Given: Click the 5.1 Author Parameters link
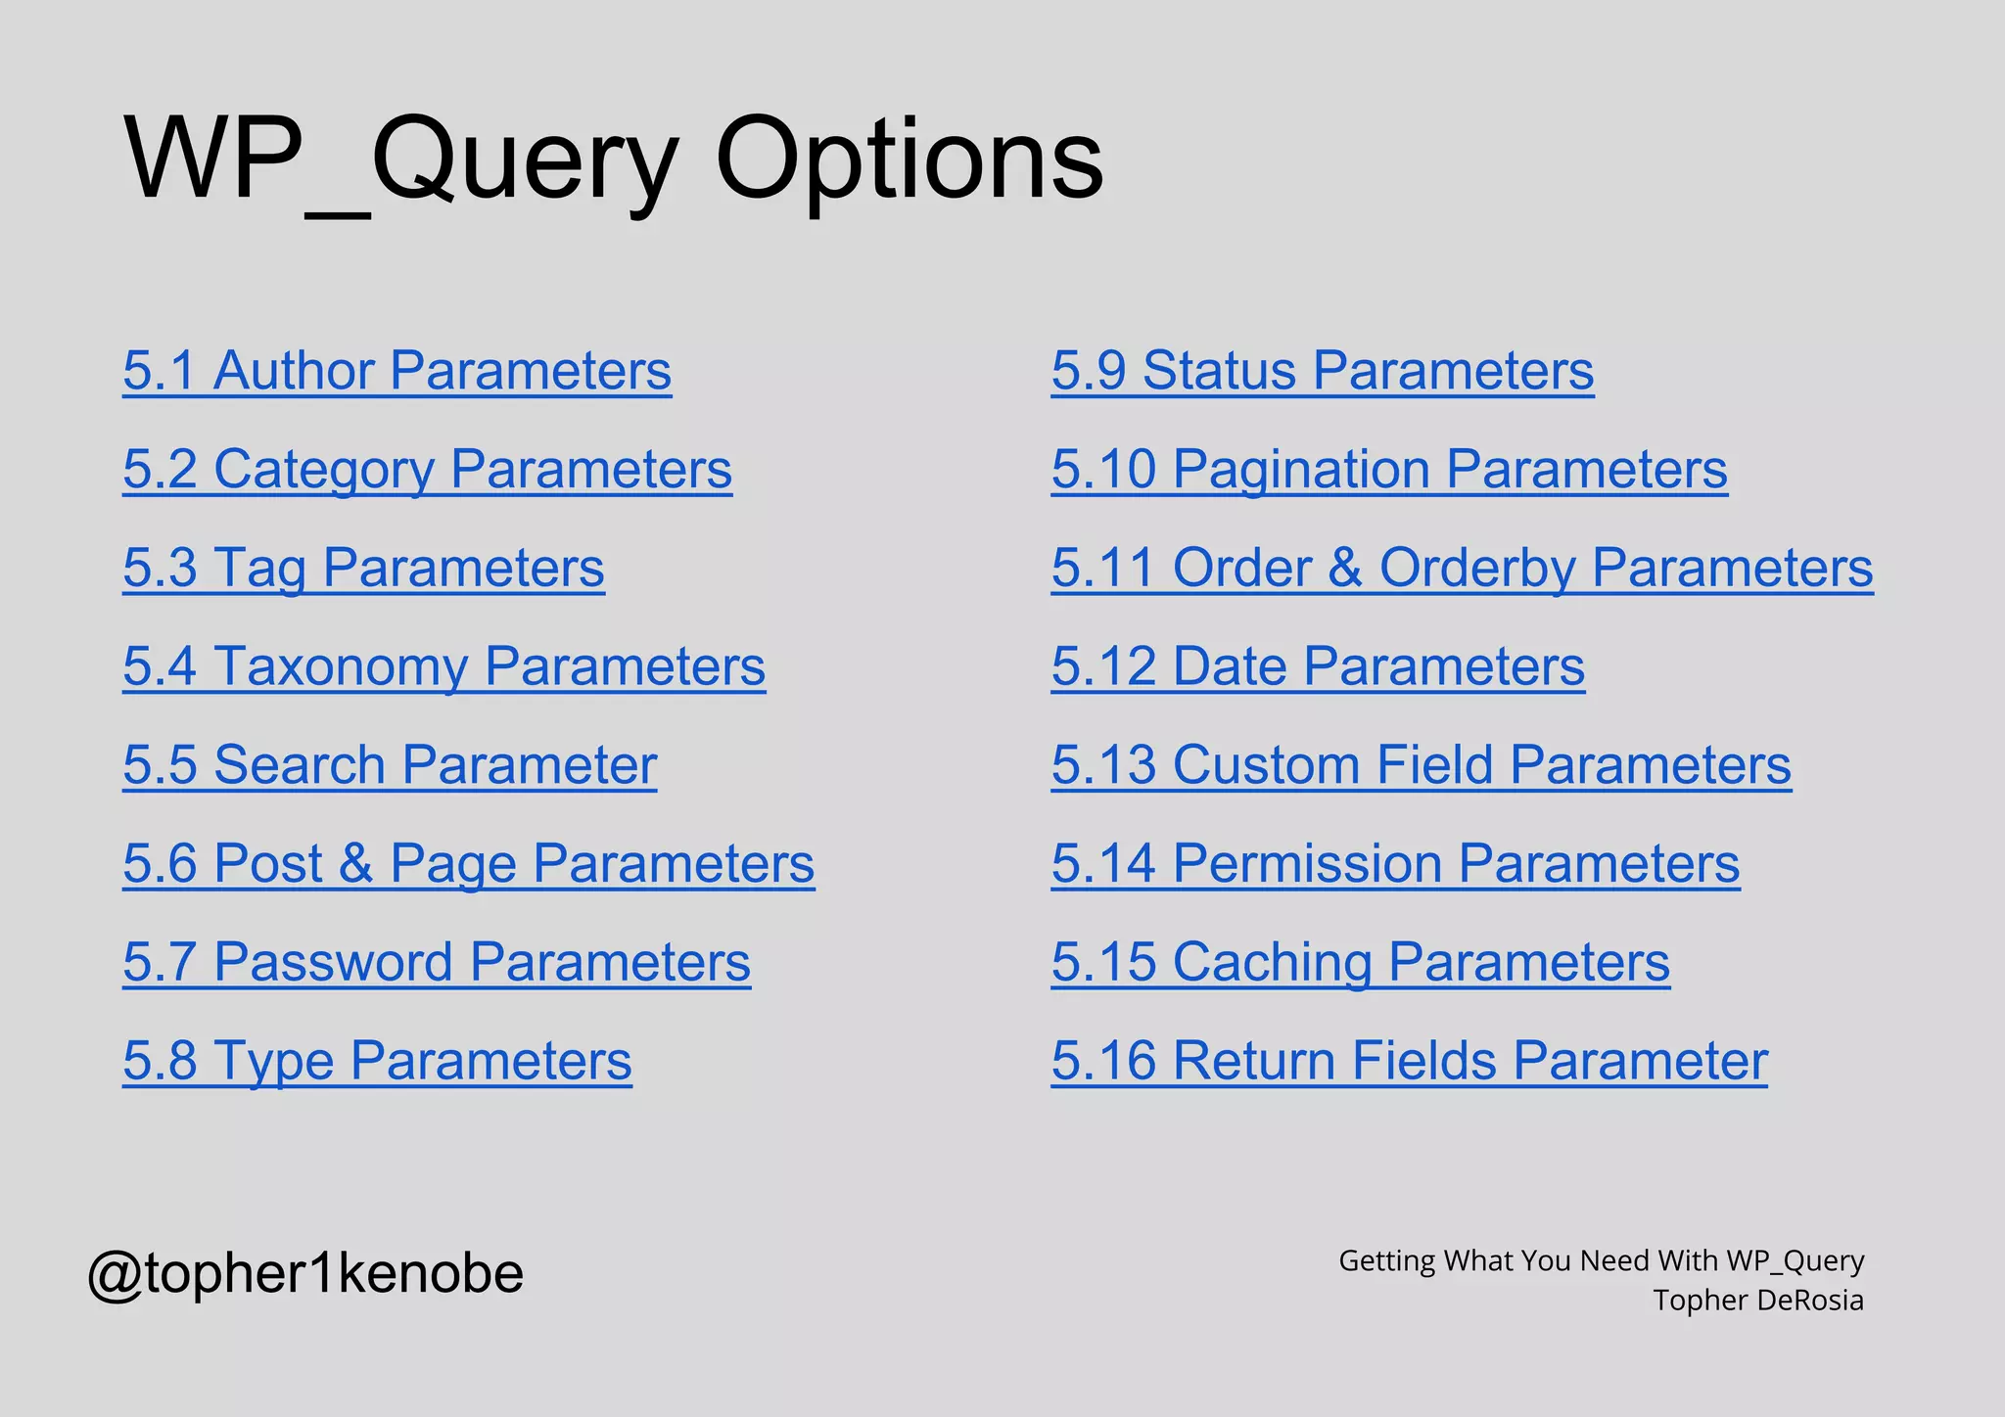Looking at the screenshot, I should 396,371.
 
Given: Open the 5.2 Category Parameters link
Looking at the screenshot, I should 427,470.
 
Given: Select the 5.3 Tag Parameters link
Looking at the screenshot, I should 363,569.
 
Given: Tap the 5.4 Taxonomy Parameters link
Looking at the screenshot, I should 443,666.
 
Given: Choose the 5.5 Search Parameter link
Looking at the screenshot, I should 390,765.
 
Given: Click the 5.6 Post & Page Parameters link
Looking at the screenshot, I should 468,864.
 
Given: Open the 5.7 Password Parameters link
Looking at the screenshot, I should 437,962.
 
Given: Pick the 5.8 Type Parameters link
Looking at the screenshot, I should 377,1061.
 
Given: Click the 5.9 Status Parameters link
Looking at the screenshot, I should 1322,371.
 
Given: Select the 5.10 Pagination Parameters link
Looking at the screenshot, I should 1389,470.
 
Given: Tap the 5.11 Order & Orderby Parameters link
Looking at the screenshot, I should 1462,569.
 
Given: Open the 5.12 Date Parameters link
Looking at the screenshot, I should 1318,666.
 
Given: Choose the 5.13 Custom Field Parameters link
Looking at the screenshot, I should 1421,765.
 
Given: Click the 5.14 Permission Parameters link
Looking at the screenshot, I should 1395,864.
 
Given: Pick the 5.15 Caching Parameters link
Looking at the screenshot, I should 1360,962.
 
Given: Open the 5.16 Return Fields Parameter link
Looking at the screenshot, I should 1409,1061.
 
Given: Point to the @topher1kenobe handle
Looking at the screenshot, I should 305,1273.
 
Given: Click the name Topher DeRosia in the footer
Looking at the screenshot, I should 1757,1301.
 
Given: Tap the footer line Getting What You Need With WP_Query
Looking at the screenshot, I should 1601,1260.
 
